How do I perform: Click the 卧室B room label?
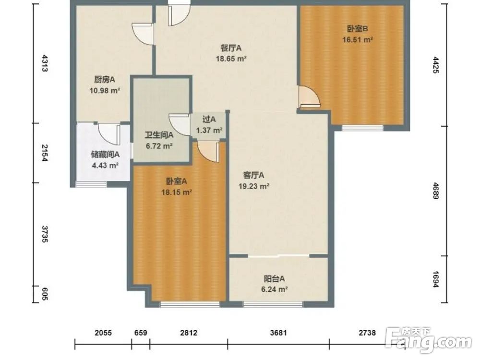(357, 29)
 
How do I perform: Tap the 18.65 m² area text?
(231, 59)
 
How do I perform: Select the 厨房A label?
(104, 80)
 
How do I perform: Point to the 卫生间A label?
(159, 135)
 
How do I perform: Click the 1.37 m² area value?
(209, 131)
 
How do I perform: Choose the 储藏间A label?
(105, 155)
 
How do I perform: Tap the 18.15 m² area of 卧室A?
(177, 192)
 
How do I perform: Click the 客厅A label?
(253, 175)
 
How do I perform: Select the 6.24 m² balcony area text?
(274, 289)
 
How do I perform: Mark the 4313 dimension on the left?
(45, 63)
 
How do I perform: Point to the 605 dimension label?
(45, 294)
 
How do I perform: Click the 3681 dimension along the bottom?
(278, 333)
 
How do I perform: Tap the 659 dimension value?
(141, 333)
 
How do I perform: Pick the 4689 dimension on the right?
(436, 191)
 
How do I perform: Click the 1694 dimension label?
(436, 279)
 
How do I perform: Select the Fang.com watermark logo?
(429, 339)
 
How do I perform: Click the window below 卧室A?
(190, 304)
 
